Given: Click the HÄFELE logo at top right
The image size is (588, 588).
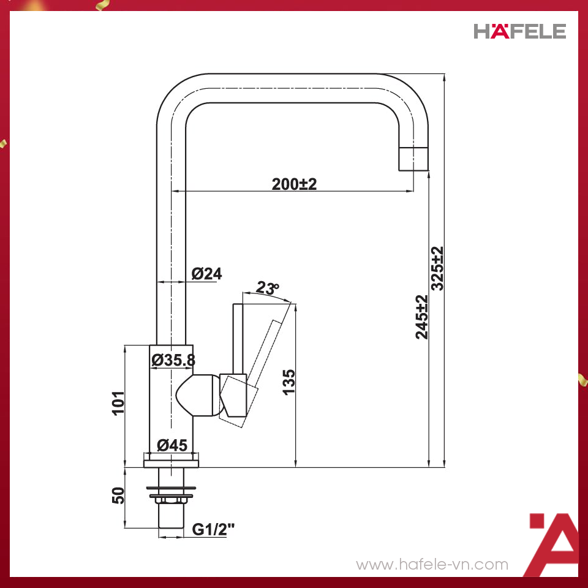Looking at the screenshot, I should (519, 31).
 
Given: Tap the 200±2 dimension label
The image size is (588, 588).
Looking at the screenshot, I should (294, 184).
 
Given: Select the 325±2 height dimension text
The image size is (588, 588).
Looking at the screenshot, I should (437, 268).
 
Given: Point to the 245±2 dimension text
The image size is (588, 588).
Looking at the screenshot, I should (422, 317).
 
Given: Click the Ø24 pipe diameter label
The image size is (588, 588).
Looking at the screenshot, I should (206, 274).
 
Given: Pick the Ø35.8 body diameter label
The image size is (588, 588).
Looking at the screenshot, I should (173, 361).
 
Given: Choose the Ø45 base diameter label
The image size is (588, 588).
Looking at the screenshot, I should (171, 445).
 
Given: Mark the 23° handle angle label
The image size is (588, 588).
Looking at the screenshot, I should (267, 287).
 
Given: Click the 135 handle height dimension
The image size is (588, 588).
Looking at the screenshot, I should (289, 382).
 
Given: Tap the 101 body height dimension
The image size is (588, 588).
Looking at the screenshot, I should (119, 402).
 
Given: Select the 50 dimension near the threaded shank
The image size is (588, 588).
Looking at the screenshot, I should (119, 495).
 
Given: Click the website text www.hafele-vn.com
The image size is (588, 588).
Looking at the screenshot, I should (432, 564).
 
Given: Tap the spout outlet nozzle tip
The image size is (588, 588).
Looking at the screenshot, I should (414, 159).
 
